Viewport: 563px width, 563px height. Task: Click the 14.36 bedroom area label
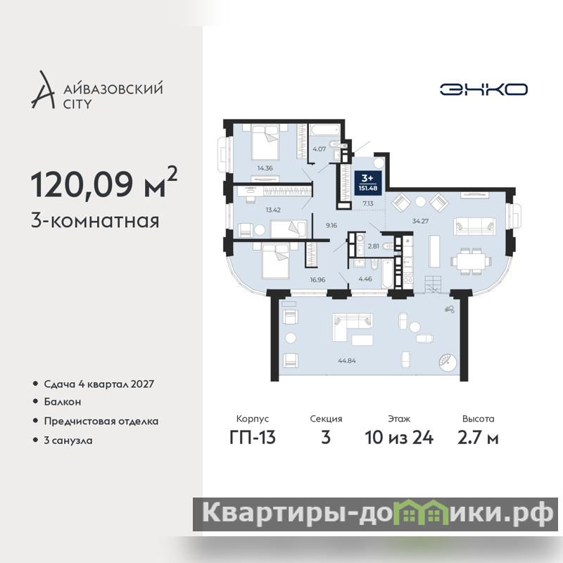265,167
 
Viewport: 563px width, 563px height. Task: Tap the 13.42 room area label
273,210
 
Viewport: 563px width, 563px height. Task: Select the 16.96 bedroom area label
317,279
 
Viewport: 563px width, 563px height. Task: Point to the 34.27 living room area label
420,221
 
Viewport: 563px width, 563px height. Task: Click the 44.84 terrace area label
347,360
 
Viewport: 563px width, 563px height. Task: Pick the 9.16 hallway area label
331,225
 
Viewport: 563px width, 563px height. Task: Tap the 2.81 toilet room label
373,246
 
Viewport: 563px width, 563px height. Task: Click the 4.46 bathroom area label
365,279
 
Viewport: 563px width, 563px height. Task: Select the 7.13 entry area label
367,203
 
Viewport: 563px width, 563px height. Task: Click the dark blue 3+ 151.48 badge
367,183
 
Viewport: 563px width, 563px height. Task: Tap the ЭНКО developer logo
483,89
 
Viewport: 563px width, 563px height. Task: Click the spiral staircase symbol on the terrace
448,362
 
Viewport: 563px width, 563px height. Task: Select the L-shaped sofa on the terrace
352,327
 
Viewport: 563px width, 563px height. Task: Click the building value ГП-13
253,437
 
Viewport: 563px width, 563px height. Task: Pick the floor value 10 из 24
399,437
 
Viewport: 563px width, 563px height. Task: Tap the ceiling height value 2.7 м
478,437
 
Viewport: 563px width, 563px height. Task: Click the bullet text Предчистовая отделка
101,421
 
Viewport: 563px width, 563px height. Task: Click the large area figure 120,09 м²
104,183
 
